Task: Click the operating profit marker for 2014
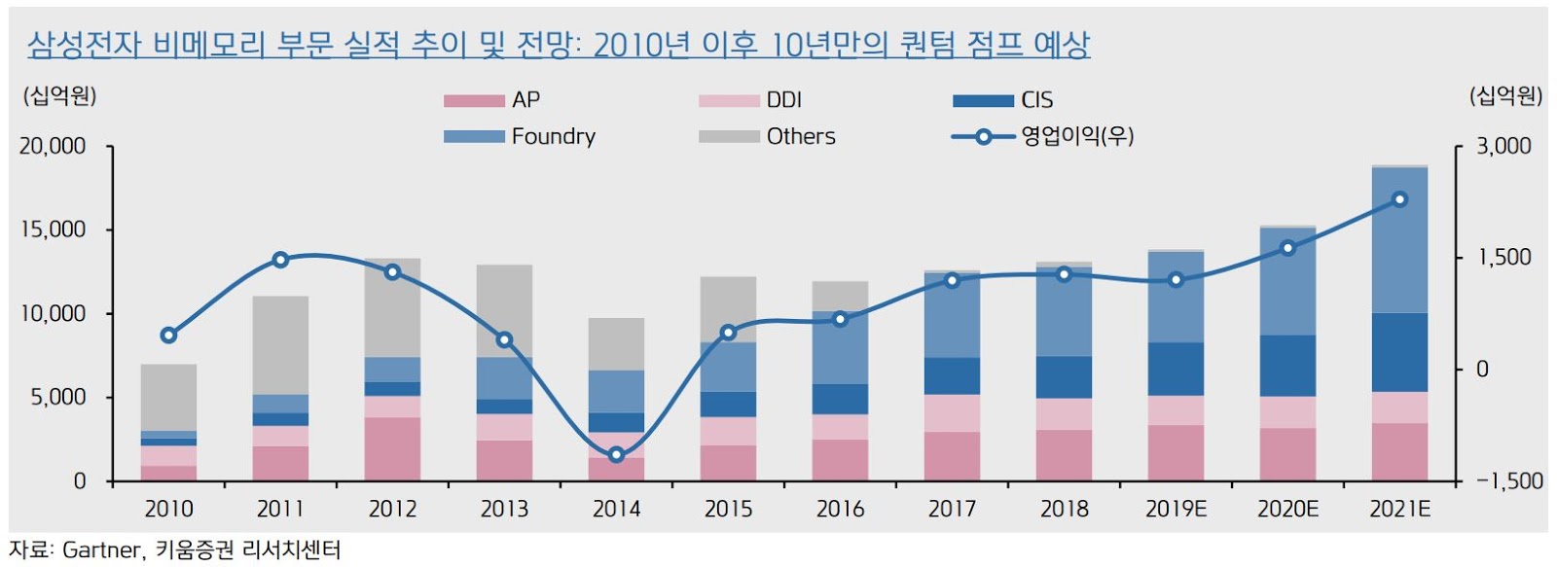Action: (x=616, y=454)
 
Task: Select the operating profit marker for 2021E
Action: (x=1399, y=199)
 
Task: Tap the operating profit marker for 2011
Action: (x=280, y=260)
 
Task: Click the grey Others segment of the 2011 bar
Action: (x=280, y=345)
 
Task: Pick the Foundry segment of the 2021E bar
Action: (x=1399, y=240)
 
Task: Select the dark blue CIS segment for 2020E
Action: (x=1287, y=366)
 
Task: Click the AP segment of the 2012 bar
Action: (x=392, y=448)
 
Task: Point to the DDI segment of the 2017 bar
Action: (x=952, y=413)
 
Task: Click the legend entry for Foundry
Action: (x=553, y=136)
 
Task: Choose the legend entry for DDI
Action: (x=783, y=100)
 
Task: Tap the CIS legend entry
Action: (x=1036, y=100)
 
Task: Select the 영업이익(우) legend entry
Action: (x=1076, y=136)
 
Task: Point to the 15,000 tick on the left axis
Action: (x=53, y=230)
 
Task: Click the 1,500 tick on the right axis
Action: (x=1503, y=258)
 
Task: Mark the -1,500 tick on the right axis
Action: (x=1509, y=481)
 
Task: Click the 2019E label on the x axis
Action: (x=1176, y=509)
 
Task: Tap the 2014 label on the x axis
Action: (x=616, y=509)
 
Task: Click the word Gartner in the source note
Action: (x=101, y=550)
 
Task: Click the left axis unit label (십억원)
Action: (x=60, y=95)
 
